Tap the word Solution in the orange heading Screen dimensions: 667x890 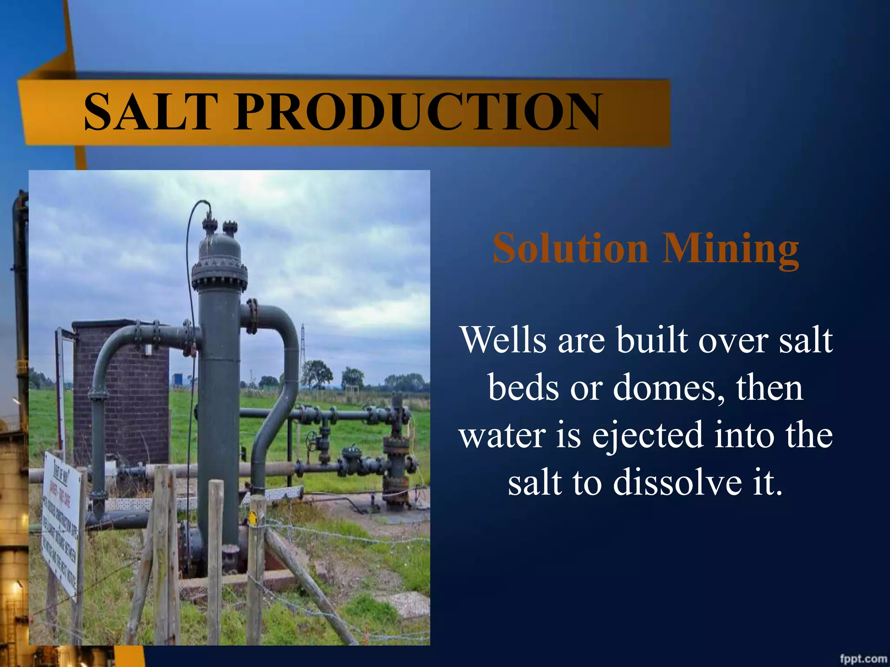point(570,248)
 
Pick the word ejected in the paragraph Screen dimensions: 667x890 point(648,436)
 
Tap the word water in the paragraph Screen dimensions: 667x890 point(502,436)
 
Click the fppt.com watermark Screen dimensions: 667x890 point(863,659)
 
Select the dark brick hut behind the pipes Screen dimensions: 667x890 point(122,391)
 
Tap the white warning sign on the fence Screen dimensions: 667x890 point(61,521)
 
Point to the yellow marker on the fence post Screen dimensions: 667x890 point(252,519)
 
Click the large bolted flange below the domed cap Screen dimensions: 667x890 point(219,276)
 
